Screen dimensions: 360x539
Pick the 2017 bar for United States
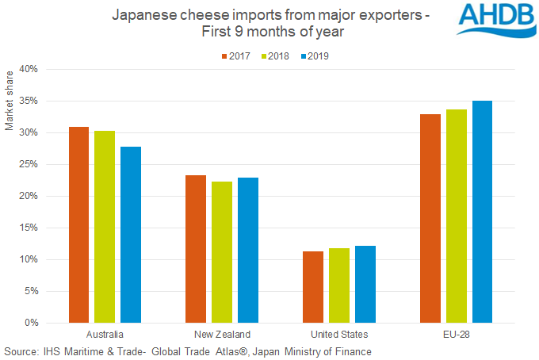(312, 287)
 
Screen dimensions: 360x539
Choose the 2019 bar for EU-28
(481, 212)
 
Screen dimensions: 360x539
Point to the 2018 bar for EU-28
(456, 216)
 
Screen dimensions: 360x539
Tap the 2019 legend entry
(312, 57)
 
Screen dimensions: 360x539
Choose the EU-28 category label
(456, 334)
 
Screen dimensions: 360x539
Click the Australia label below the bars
(105, 334)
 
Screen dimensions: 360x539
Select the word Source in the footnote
(21, 350)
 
